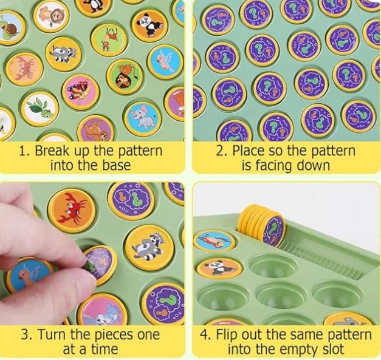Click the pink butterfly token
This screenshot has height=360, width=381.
pos(81,92)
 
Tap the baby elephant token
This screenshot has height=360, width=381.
pos(143,119)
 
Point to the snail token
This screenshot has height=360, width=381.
pos(10,27)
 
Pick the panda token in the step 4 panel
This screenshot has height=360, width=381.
pos(219,268)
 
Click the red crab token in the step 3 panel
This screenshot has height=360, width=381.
pos(72,211)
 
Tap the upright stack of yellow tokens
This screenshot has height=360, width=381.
pos(261,225)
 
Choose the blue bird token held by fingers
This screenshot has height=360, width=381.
pos(30,274)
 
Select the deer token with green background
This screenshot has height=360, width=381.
pos(110,40)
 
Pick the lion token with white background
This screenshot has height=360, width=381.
pos(51,16)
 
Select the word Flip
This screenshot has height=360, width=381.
pos(226,335)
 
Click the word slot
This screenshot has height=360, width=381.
pos(332,349)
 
